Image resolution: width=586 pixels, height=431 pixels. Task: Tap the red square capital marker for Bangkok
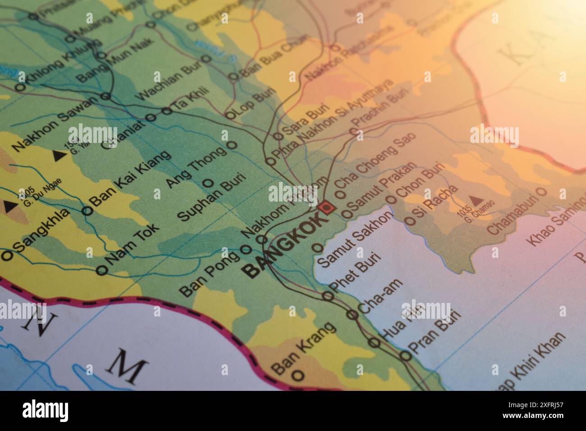click(x=326, y=208)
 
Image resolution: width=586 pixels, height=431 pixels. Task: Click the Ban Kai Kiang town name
click(x=131, y=177)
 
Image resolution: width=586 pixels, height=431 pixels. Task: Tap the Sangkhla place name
click(x=41, y=231)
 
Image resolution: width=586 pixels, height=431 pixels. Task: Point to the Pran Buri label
click(x=435, y=331)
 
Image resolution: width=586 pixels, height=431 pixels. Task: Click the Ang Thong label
click(x=196, y=167)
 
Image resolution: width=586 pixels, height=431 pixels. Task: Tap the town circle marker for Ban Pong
click(x=246, y=249)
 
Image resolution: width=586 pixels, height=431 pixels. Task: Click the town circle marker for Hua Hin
click(x=374, y=342)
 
